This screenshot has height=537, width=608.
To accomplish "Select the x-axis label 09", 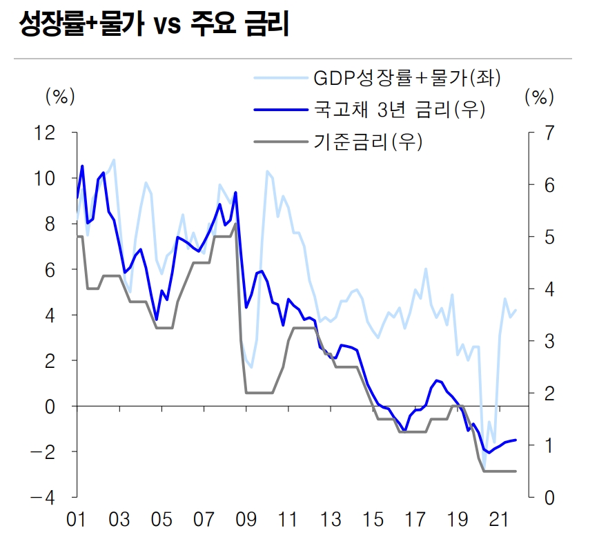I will (x=246, y=518).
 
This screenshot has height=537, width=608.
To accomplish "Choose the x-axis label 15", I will (x=373, y=518).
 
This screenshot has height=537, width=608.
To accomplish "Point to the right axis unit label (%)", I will (x=539, y=96).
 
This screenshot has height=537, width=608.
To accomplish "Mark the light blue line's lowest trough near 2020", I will (x=484, y=467).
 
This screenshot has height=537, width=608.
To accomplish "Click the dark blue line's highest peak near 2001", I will (x=82, y=166).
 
